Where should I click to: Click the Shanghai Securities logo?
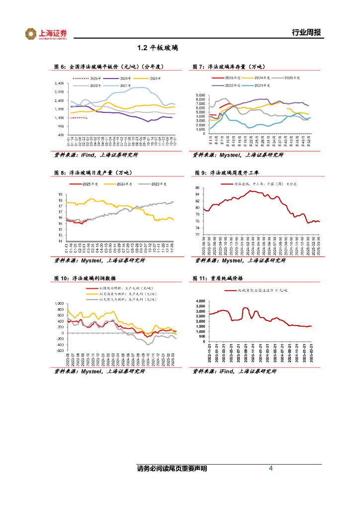tap(46, 34)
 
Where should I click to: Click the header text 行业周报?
tap(306, 33)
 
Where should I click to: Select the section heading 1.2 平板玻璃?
tap(157, 48)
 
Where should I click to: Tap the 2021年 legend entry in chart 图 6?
tap(124, 85)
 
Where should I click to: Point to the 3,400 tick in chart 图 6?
tap(59, 83)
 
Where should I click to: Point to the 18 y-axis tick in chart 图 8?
tap(60, 194)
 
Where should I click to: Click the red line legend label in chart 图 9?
tap(266, 184)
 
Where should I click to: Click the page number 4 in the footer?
tap(270, 469)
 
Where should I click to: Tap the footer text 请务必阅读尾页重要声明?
tap(172, 469)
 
